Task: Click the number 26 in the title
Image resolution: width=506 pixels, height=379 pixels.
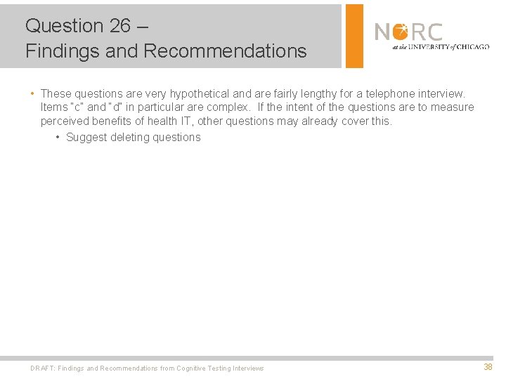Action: (119, 26)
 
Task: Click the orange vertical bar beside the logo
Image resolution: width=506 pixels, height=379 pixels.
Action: (355, 36)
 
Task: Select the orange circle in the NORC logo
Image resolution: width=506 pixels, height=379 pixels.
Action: (401, 32)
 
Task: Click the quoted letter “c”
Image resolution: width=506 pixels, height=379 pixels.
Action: (76, 107)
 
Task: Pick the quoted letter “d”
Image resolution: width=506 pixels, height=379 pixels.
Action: (115, 107)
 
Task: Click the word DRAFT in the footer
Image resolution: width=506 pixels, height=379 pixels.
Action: (42, 368)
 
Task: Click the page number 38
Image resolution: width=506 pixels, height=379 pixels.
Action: (488, 367)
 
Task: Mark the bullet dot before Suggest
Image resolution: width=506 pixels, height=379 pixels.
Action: (57, 137)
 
